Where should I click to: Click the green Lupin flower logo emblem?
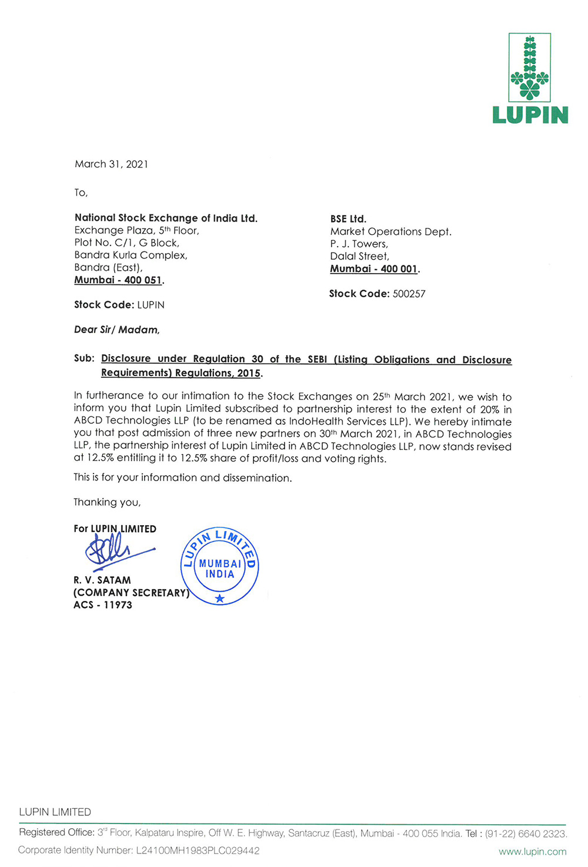530,68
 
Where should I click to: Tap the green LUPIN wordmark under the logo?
530,115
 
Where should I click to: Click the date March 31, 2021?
111,164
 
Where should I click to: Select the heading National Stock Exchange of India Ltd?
166,219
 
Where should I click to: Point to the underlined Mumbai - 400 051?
119,280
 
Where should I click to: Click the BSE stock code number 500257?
409,294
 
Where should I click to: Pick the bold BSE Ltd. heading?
348,219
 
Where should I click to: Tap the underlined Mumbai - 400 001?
375,269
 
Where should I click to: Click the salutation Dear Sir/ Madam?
116,330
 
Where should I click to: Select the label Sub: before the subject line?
84,358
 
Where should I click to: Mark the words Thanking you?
107,502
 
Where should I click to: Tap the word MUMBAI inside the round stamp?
220,563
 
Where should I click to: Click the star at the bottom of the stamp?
220,599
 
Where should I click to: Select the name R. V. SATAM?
102,580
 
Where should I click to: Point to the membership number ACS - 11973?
103,605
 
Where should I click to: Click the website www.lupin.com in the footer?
532,851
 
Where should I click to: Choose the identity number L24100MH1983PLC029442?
198,851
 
